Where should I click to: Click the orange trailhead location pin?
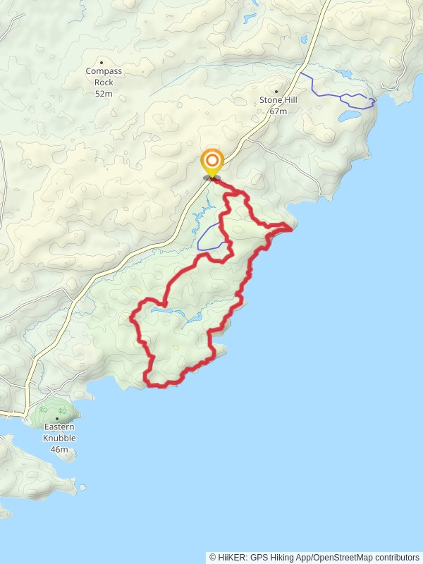coord(211,161)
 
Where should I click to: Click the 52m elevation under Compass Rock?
coord(104,93)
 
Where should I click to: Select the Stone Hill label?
coord(278,100)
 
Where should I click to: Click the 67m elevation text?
coord(278,111)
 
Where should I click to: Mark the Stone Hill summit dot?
coord(276,91)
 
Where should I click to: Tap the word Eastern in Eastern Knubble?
coord(60,427)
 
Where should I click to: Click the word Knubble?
coord(60,438)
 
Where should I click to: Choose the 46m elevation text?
coord(60,449)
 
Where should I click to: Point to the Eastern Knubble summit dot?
coord(57,419)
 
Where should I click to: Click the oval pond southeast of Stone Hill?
coord(350,115)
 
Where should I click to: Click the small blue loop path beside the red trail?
coord(209,238)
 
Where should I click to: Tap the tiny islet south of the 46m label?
coord(82,486)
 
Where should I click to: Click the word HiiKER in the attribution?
coord(231,558)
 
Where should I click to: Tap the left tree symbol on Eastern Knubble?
coord(44,409)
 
